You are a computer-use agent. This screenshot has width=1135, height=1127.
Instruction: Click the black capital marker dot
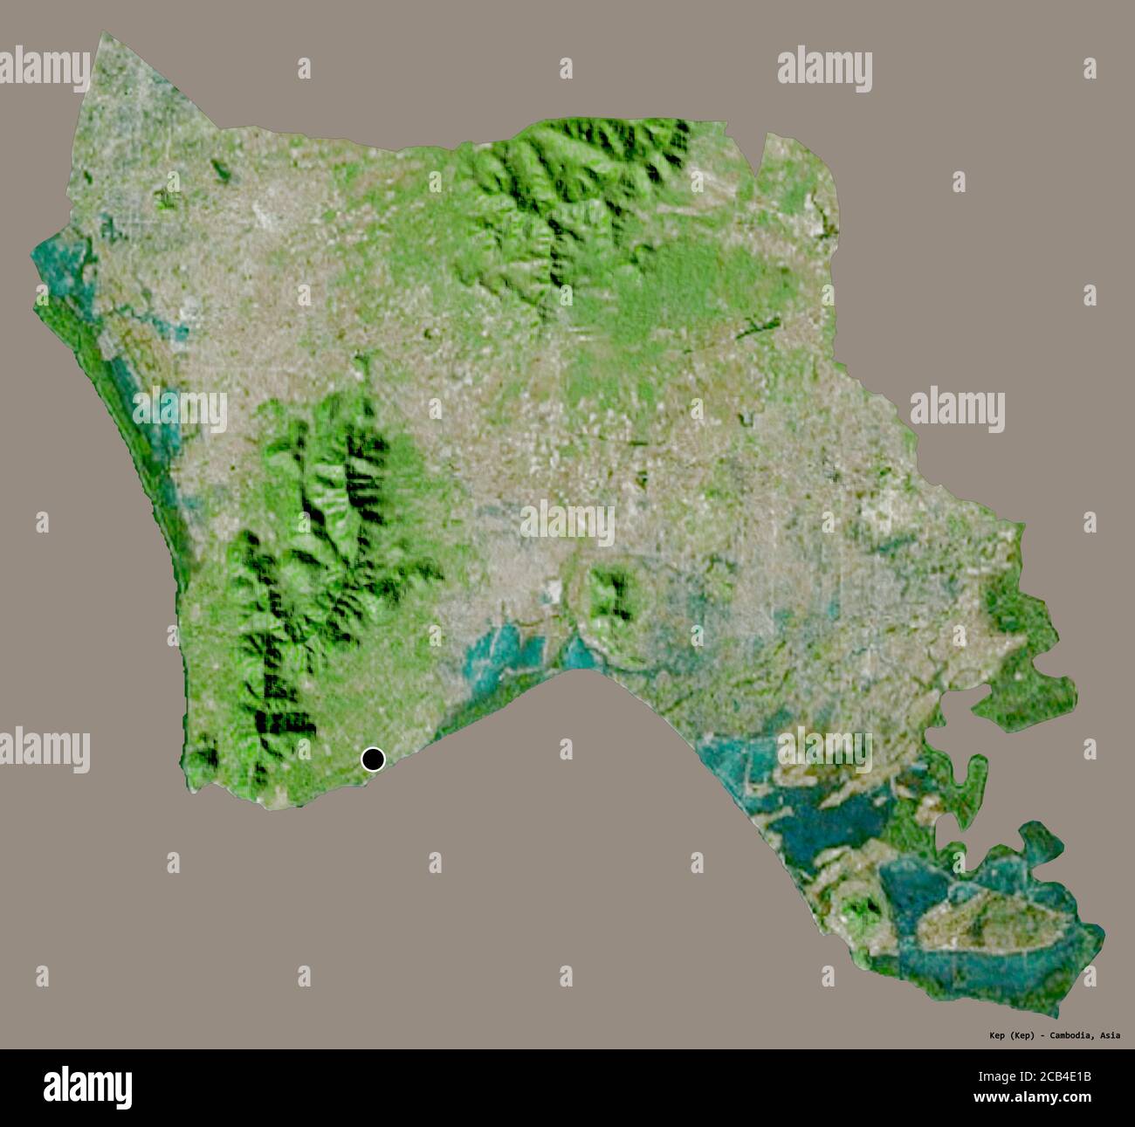pos(373,759)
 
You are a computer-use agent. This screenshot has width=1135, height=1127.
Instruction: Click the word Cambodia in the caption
pos(1070,1035)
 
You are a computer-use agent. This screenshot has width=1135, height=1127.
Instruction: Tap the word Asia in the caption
pos(1110,1035)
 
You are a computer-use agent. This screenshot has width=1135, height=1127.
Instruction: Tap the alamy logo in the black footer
pos(87,1087)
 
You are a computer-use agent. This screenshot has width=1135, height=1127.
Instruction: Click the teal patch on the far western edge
pos(61,262)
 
